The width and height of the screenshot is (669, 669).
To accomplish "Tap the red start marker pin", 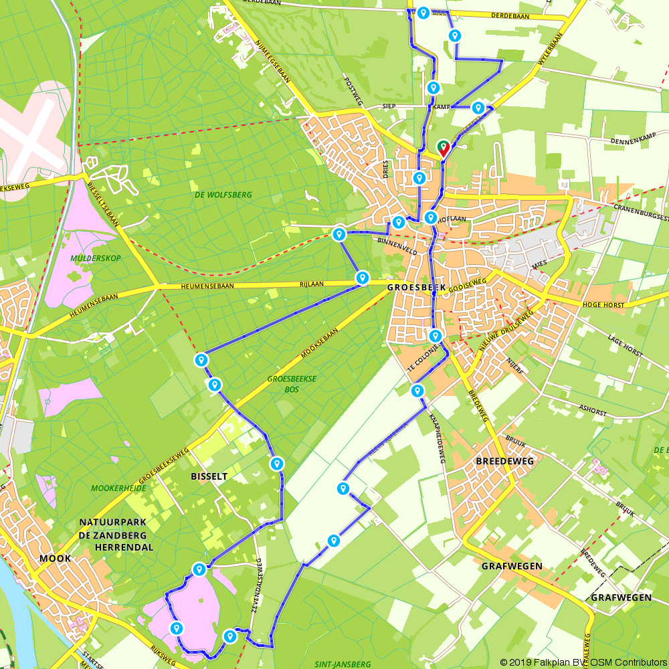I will pos(443,148).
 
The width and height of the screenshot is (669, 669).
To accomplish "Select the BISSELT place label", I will pos(209,476).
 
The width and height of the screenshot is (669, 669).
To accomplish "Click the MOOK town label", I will pos(55,558).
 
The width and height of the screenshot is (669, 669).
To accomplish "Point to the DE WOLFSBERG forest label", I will pos(223,195).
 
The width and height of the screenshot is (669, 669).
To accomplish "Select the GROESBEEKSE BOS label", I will pos(291,383).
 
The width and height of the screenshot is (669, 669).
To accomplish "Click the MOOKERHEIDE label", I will pos(118,488).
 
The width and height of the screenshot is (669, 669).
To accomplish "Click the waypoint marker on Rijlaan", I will pos(363,277).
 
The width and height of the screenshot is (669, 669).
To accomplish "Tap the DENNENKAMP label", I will pos(630,141).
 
